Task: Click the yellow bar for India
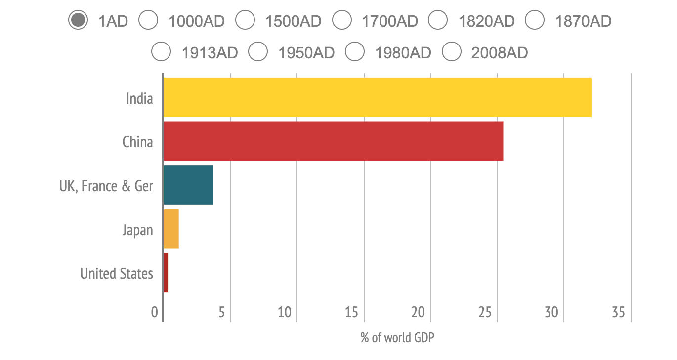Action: (377, 97)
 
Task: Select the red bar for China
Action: (333, 141)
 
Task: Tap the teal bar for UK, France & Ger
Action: (188, 185)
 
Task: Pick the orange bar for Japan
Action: (171, 229)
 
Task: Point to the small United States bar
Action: (166, 272)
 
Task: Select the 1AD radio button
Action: (78, 21)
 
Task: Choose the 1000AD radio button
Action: (148, 21)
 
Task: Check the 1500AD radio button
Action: (245, 21)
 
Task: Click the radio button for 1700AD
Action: (342, 21)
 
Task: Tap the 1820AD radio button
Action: (438, 21)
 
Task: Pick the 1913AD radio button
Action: (162, 52)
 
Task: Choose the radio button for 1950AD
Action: (258, 52)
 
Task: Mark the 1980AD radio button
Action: (355, 52)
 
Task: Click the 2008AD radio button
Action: (452, 52)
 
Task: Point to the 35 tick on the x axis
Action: (618, 313)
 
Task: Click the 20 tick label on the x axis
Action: (418, 313)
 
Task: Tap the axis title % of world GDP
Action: (397, 338)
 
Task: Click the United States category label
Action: (117, 273)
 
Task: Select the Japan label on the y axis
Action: (137, 230)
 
